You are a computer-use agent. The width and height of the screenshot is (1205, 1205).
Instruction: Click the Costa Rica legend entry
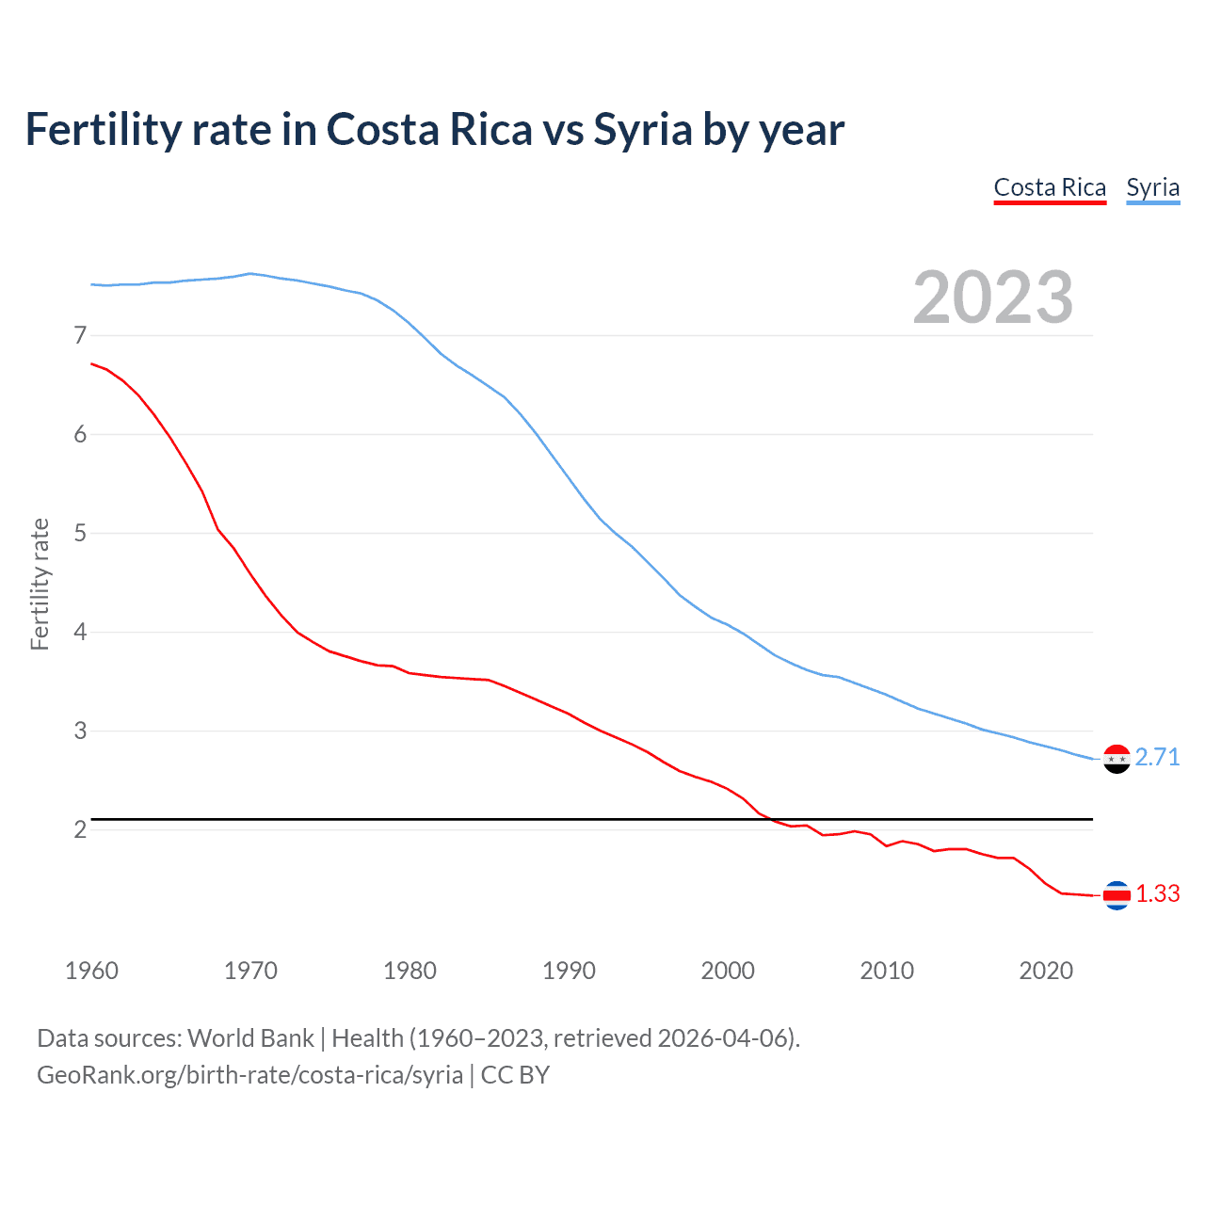1050,187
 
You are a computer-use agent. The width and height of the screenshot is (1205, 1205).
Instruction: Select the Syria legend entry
1152,187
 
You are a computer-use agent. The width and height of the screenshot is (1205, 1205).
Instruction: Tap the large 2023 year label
992,297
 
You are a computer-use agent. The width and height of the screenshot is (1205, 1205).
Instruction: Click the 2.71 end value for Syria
1157,757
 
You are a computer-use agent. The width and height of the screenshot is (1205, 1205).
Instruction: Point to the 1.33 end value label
1157,893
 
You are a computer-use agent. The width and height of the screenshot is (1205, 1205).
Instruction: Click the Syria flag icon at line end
1117,759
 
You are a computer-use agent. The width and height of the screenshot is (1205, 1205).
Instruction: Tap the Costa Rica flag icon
1117,895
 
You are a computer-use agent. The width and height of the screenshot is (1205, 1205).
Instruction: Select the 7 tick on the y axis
80,335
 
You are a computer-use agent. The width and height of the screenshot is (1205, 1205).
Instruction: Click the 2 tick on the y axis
80,829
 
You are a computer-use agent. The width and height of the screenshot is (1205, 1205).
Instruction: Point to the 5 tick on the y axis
80,533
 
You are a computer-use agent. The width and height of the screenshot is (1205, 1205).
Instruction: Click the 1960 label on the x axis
91,971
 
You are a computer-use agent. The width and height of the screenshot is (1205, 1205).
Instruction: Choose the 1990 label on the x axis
569,971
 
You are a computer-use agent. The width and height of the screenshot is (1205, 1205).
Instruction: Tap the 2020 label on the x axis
1046,971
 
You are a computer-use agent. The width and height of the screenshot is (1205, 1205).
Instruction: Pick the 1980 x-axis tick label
410,971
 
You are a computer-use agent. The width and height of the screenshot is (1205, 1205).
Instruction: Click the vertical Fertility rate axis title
40,584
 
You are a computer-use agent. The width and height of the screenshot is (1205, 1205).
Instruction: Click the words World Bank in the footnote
250,1038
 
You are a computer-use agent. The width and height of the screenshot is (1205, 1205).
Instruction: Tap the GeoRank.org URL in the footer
249,1075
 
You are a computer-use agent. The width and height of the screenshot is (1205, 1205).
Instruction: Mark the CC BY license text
515,1075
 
